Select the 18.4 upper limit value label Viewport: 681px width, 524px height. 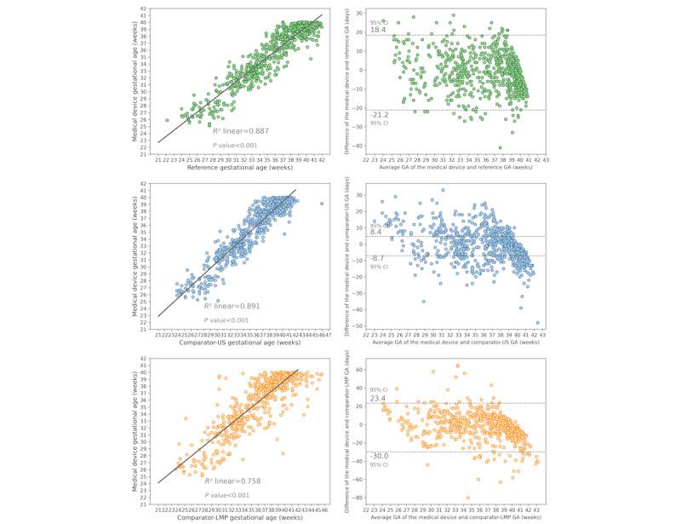pos(378,29)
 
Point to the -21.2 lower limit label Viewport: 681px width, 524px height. pos(380,114)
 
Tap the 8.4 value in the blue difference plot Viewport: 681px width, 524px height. pos(376,232)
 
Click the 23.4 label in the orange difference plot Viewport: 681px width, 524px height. pos(379,398)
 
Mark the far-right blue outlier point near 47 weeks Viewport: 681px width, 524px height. pos(321,204)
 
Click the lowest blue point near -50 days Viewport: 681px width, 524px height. pos(538,324)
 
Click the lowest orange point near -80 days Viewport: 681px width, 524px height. pos(467,498)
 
